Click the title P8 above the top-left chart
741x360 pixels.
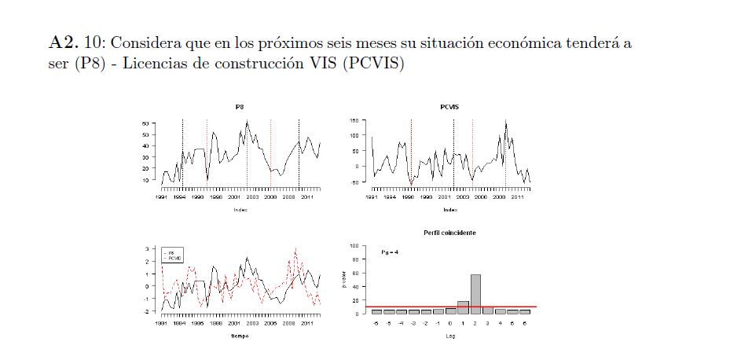(239, 106)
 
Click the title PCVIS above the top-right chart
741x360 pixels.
(449, 106)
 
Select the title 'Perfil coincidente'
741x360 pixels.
(449, 233)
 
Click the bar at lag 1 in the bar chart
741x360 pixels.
(463, 307)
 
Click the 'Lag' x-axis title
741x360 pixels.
(449, 336)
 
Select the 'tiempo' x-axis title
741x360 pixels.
(239, 336)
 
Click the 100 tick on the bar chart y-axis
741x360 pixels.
(354, 246)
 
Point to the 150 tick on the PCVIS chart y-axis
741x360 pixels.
(354, 120)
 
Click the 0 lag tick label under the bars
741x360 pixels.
(450, 323)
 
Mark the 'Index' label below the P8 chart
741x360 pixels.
(239, 210)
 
